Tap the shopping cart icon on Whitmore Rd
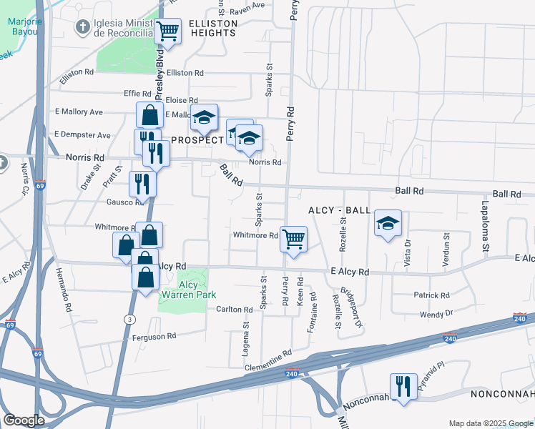(x=293, y=239)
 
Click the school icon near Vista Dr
(x=388, y=224)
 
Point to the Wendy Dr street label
(x=438, y=314)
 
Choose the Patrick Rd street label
(x=431, y=295)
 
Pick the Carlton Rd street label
(x=235, y=310)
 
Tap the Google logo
(x=24, y=420)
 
